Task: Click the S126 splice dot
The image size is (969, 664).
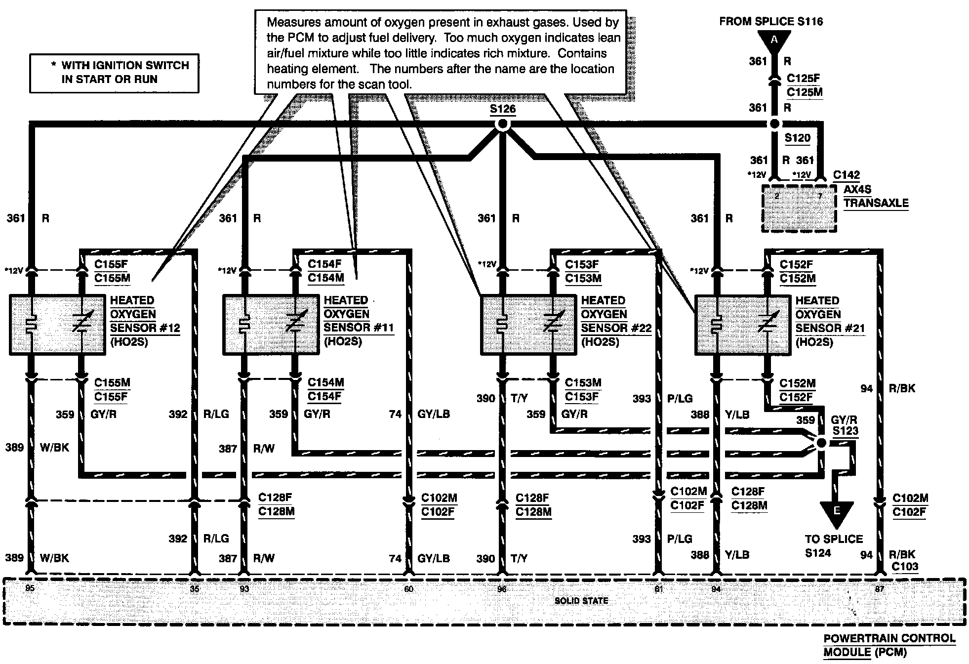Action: pos(502,124)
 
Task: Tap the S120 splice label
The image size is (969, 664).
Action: pos(797,138)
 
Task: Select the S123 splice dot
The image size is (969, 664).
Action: pos(821,443)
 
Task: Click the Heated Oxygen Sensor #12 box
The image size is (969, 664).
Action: pos(57,325)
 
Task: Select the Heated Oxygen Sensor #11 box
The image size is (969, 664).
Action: pos(271,325)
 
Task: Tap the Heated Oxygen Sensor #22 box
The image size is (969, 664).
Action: pos(528,325)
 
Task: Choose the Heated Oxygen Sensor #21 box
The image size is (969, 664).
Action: pos(742,325)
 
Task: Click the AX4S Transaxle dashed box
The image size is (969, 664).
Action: pos(799,208)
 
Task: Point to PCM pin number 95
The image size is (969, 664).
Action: pos(30,588)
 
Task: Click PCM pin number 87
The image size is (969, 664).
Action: pos(879,589)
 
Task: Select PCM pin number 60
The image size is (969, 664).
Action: pos(408,589)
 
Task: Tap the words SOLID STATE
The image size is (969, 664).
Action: pos(581,601)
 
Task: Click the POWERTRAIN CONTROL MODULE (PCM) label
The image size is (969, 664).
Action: pos(889,645)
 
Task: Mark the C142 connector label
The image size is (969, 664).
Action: pos(846,175)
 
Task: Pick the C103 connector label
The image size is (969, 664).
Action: pos(905,567)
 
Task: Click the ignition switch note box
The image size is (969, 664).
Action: pos(114,73)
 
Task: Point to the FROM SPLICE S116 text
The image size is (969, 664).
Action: pos(771,21)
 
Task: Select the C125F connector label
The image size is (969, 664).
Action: pos(804,78)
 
